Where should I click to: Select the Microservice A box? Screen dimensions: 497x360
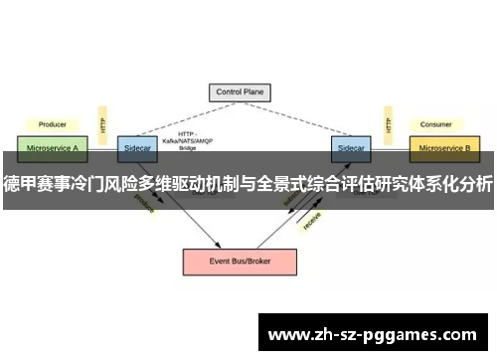[52, 147]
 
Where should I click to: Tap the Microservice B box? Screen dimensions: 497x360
[444, 147]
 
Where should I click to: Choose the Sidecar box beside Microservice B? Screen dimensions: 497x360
[350, 147]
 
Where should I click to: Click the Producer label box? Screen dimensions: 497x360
[52, 124]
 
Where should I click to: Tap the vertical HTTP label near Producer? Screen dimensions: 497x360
[102, 124]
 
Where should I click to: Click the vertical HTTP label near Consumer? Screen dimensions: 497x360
[386, 124]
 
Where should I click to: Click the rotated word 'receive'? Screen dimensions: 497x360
[312, 221]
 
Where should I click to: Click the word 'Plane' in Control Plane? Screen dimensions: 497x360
[257, 92]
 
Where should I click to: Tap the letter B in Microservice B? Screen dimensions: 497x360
[469, 147]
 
